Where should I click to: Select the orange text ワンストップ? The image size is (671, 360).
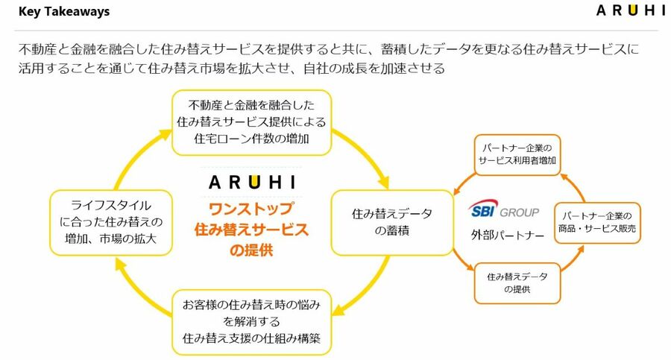(x=251, y=208)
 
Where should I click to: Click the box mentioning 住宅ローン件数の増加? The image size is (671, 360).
(x=251, y=123)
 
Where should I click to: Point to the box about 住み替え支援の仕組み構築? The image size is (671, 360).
(x=251, y=321)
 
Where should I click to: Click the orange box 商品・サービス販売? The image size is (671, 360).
(x=597, y=223)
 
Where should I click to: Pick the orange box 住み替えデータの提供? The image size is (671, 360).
(x=517, y=282)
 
